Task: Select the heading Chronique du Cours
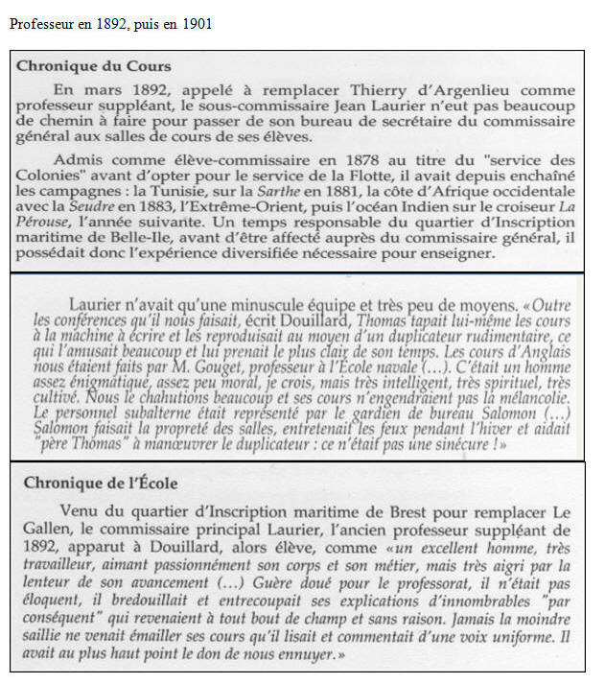(x=94, y=67)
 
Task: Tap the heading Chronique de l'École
(x=99, y=482)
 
